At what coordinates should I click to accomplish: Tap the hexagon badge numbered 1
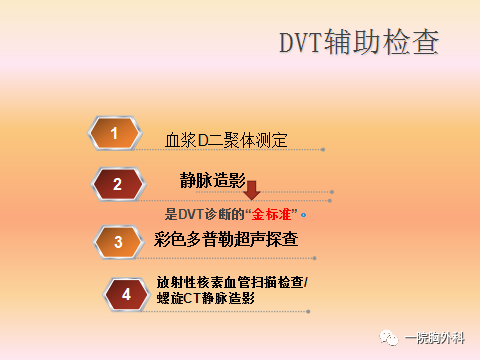[x=116, y=133]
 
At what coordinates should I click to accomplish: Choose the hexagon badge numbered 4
[x=126, y=294]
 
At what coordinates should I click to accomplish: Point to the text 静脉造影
[x=212, y=180]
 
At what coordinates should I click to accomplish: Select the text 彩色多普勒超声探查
[x=226, y=240]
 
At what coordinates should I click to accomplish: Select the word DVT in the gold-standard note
[x=191, y=213]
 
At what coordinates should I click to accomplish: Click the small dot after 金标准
[x=303, y=214]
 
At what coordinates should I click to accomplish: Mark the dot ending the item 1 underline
[x=323, y=150]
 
